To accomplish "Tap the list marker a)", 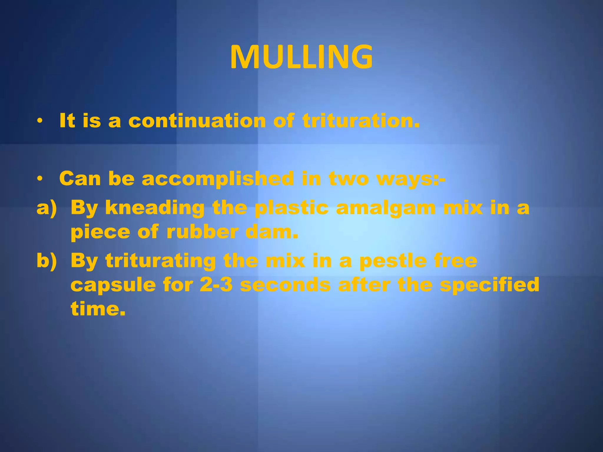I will (x=47, y=208).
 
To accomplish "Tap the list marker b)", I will (x=47, y=261).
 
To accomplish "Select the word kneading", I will (x=155, y=208).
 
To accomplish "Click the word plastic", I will (x=291, y=208).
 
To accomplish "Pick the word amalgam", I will (x=386, y=208).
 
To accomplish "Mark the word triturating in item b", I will (x=161, y=261).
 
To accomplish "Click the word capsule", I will (x=113, y=285).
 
